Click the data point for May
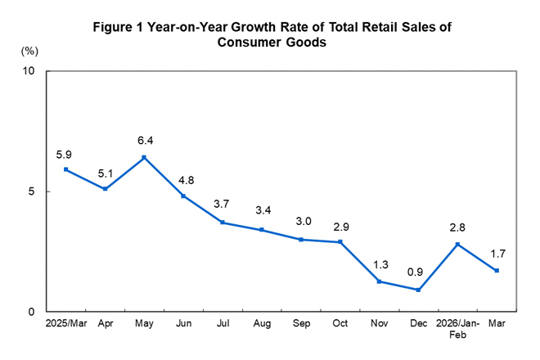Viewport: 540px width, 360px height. pyautogui.click(x=144, y=157)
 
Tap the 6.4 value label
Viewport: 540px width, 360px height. pyautogui.click(x=144, y=139)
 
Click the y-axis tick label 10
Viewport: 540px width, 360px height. pyautogui.click(x=27, y=71)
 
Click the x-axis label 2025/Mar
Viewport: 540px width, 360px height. pyautogui.click(x=65, y=325)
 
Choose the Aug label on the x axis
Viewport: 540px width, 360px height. pyautogui.click(x=262, y=325)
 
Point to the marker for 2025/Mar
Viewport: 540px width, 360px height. pyautogui.click(x=65, y=169)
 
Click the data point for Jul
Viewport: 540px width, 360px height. pyautogui.click(x=223, y=223)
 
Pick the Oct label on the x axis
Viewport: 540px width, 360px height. pyautogui.click(x=340, y=325)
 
